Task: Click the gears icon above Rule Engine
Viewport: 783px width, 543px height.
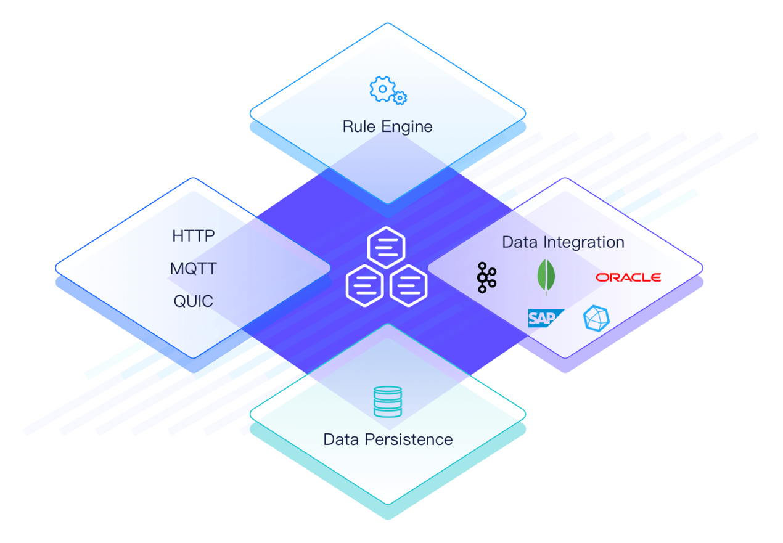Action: (387, 90)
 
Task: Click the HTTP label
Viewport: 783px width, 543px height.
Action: (194, 235)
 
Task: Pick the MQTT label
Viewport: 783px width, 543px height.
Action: (194, 269)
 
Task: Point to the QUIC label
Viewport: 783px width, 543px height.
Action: (194, 301)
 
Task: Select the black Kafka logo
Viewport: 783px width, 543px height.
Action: (486, 277)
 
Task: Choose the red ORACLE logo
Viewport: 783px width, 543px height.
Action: (628, 277)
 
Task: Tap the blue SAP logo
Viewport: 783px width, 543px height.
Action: (546, 318)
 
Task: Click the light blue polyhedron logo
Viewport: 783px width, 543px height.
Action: (596, 318)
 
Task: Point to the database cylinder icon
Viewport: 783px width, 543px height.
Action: (388, 401)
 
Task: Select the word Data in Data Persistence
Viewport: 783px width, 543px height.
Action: (341, 439)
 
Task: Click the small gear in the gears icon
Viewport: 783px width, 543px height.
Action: (400, 97)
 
